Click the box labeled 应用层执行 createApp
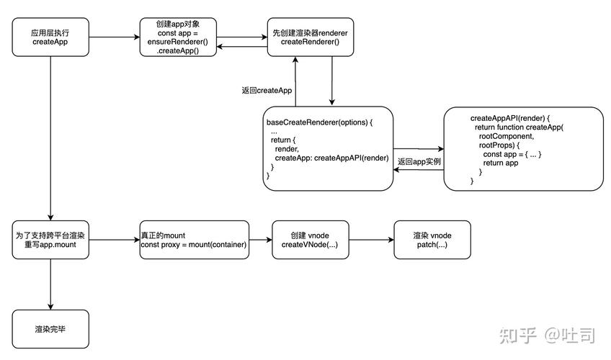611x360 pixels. (x=50, y=37)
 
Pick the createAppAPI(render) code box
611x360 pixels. (x=522, y=148)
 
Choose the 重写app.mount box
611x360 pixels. (x=50, y=240)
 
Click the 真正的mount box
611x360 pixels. (x=195, y=240)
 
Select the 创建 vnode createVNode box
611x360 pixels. (x=310, y=240)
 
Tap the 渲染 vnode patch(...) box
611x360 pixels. (x=432, y=240)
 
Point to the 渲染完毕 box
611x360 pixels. (x=50, y=329)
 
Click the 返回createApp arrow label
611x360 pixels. (x=267, y=91)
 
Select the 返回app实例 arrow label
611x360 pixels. (x=419, y=162)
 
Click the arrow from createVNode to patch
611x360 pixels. (x=370, y=240)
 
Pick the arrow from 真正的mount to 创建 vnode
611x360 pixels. (x=260, y=240)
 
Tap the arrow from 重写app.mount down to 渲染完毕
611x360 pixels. (x=50, y=284)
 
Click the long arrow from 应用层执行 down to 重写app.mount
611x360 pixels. (x=50, y=137)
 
